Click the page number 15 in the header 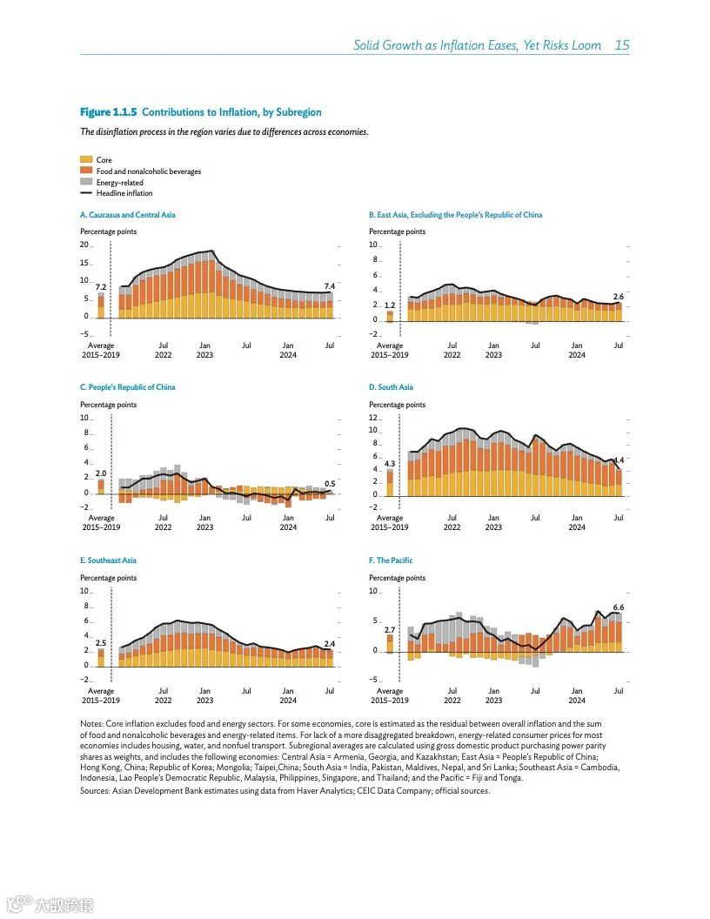click(x=621, y=45)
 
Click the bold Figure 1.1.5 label click(x=108, y=112)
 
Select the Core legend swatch click(x=86, y=160)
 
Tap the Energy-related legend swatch click(x=86, y=183)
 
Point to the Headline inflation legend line click(x=86, y=194)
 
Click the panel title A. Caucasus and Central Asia click(x=127, y=215)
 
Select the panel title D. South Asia click(x=391, y=387)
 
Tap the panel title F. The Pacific click(x=391, y=560)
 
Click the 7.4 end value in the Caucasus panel click(x=329, y=286)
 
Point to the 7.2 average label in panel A click(x=100, y=287)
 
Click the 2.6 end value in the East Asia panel click(x=618, y=297)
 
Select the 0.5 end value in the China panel click(x=329, y=484)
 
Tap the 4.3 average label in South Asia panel click(x=389, y=464)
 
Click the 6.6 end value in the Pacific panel click(x=618, y=607)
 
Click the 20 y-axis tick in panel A click(x=84, y=245)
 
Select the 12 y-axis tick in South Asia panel click(x=373, y=418)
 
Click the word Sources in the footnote click(x=94, y=791)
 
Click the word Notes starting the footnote click(x=91, y=724)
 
